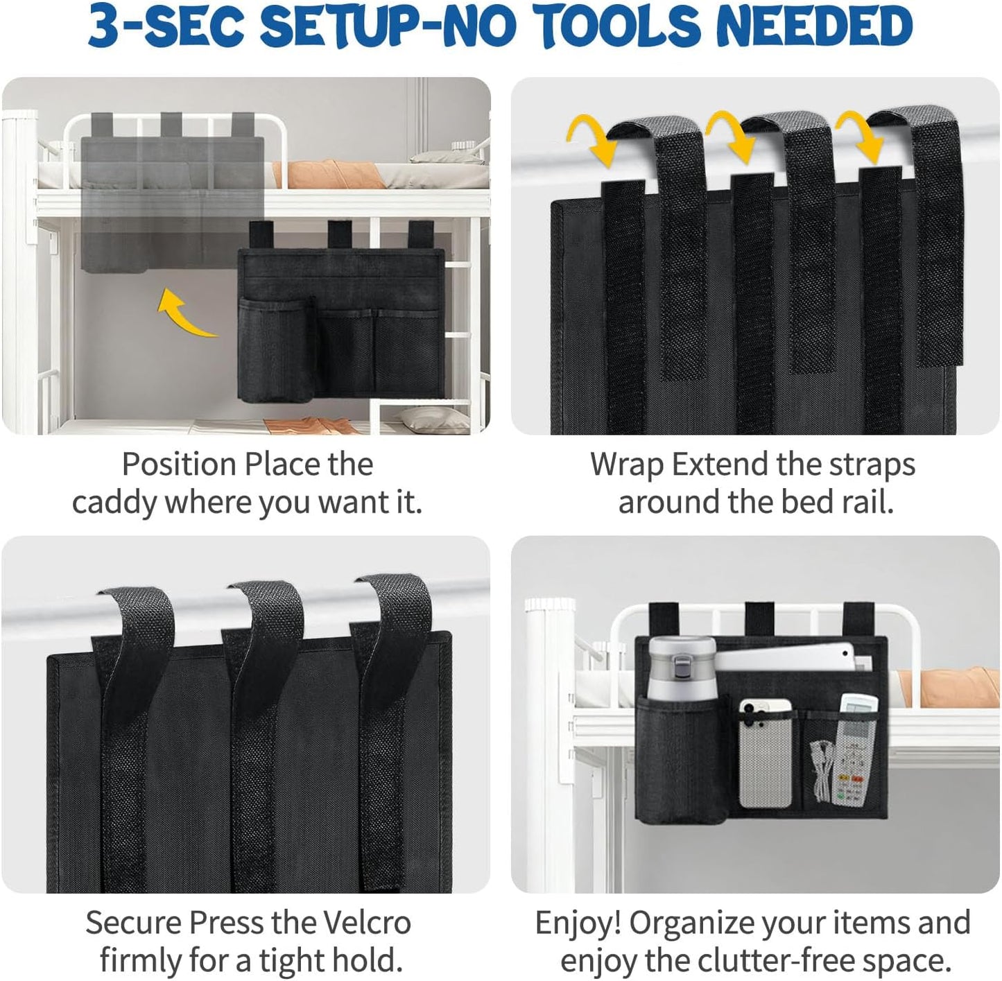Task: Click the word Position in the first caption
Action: [x=179, y=465]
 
